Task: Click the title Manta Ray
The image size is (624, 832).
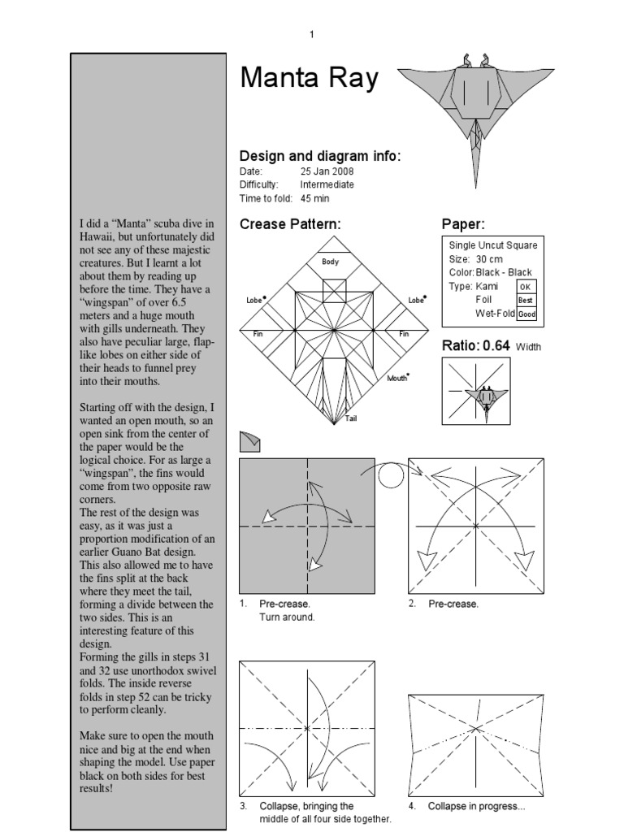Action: pyautogui.click(x=309, y=79)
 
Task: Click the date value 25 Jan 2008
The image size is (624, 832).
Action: pyautogui.click(x=327, y=172)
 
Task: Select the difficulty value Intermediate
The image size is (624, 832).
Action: pyautogui.click(x=327, y=185)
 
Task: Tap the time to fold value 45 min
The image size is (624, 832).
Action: pyautogui.click(x=317, y=198)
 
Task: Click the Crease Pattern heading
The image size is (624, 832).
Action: pyautogui.click(x=290, y=224)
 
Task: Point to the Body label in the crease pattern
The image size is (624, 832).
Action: pyautogui.click(x=330, y=262)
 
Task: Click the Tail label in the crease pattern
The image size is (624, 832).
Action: pyautogui.click(x=351, y=418)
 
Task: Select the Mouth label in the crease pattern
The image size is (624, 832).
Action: pyautogui.click(x=397, y=378)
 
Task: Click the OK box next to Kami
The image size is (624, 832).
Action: pyautogui.click(x=524, y=287)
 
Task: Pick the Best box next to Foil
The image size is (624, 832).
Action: pyautogui.click(x=526, y=300)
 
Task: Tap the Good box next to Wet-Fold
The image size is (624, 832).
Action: pyautogui.click(x=526, y=314)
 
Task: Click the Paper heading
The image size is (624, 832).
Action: pyautogui.click(x=463, y=224)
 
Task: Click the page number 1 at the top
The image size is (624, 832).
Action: pyautogui.click(x=311, y=34)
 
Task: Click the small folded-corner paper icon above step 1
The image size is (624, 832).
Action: pyautogui.click(x=250, y=441)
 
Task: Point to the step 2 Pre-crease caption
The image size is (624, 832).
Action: pyautogui.click(x=453, y=604)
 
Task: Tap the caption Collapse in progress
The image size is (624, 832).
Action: pyautogui.click(x=466, y=806)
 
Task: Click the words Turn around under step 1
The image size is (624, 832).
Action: pyautogui.click(x=286, y=617)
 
